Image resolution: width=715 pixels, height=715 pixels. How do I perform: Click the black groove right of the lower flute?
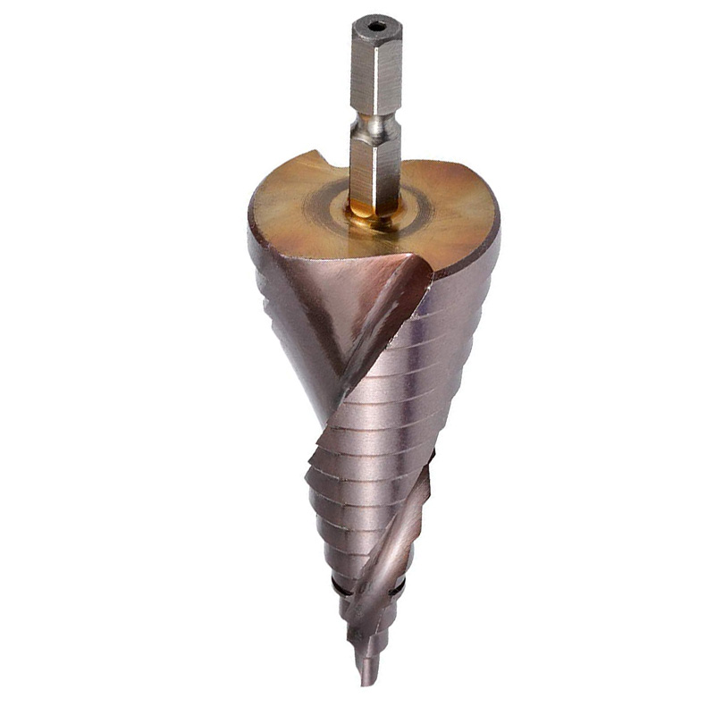(399, 591)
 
